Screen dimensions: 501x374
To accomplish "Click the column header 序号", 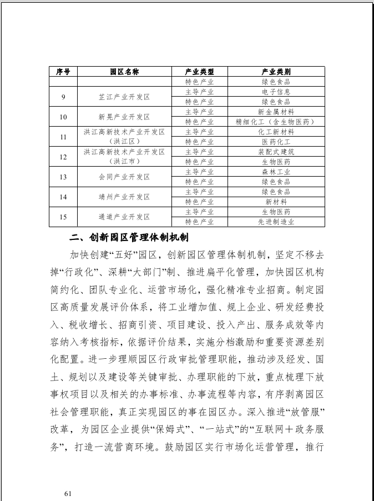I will [63, 72].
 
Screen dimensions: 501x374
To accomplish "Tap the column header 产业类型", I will [199, 72].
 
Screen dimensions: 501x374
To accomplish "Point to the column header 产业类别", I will [276, 72].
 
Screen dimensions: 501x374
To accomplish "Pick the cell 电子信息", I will [276, 92].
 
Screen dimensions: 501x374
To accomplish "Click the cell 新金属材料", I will [276, 112].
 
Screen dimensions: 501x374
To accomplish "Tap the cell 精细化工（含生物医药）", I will [276, 122].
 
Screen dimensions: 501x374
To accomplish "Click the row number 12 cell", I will [63, 157].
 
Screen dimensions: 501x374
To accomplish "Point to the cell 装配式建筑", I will [276, 152].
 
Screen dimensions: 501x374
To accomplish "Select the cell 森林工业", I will [276, 172].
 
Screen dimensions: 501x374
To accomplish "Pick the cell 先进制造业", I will [276, 222].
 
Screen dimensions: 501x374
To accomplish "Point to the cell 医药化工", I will [276, 142].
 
